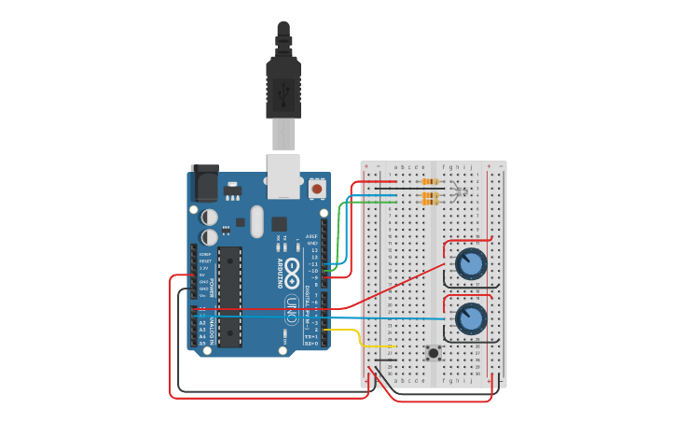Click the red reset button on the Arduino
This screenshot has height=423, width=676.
point(317,189)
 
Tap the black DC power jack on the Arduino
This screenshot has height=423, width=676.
point(203,183)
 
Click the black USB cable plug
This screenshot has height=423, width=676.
point(283,84)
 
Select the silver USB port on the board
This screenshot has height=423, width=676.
point(283,176)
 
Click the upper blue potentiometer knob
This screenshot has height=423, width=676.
point(471,264)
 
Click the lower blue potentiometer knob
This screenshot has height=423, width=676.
point(471,318)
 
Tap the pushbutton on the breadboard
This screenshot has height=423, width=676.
point(433,352)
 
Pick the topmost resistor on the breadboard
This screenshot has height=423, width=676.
point(430,181)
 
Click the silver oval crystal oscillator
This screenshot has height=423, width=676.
point(280,224)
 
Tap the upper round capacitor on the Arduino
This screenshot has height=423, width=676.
point(210,217)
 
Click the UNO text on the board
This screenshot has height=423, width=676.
point(292,309)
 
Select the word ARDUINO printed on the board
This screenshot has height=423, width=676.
point(279,274)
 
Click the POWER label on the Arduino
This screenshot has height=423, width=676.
point(213,286)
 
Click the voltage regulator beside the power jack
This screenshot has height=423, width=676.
point(231,191)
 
